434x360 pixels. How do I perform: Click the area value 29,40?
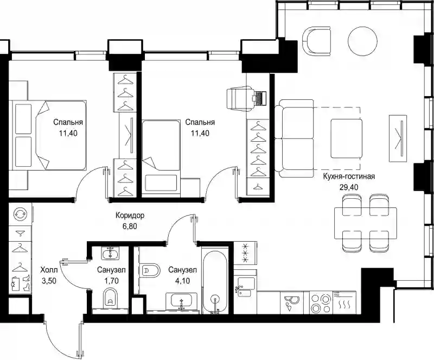tap(349, 187)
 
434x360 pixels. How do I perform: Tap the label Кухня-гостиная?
tap(349, 176)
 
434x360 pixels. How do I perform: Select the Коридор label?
tap(130, 216)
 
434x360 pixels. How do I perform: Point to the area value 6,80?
tap(130, 226)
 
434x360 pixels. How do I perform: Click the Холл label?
tap(49, 270)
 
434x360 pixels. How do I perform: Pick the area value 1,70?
tap(111, 281)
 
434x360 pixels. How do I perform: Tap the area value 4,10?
tap(182, 281)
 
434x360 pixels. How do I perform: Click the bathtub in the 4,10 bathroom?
tap(215, 281)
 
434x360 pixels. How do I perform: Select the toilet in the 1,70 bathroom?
tap(111, 298)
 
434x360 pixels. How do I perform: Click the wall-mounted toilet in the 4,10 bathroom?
tap(150, 270)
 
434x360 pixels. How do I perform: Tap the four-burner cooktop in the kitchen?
tap(320, 302)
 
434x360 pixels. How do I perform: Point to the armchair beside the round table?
tap(317, 41)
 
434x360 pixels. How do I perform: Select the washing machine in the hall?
tap(21, 214)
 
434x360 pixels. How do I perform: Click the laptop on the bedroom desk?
tap(259, 98)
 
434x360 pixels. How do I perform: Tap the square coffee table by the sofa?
tap(347, 138)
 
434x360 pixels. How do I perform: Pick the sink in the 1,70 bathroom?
tap(110, 253)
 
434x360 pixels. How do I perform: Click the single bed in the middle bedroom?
tap(161, 156)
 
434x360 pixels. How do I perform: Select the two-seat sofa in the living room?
tap(296, 138)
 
